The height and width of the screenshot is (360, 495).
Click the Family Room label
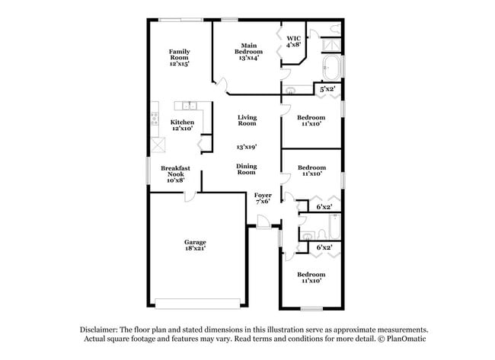tap(180, 58)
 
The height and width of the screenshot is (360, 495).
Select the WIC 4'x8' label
tap(293, 41)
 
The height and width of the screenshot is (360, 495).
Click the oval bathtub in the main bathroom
tap(332, 68)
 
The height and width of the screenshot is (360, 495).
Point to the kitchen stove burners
tap(155, 117)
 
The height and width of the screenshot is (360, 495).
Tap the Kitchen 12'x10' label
tap(182, 126)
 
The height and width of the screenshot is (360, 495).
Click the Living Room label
tap(247, 120)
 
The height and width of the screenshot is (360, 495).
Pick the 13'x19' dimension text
tap(246, 146)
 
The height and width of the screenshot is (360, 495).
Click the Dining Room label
tap(246, 169)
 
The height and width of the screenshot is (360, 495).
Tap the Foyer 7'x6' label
tap(263, 199)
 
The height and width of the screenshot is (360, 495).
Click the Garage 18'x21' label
tap(195, 245)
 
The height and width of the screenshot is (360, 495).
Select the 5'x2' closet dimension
tap(327, 90)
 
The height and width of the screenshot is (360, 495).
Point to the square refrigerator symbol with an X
tap(158, 145)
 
